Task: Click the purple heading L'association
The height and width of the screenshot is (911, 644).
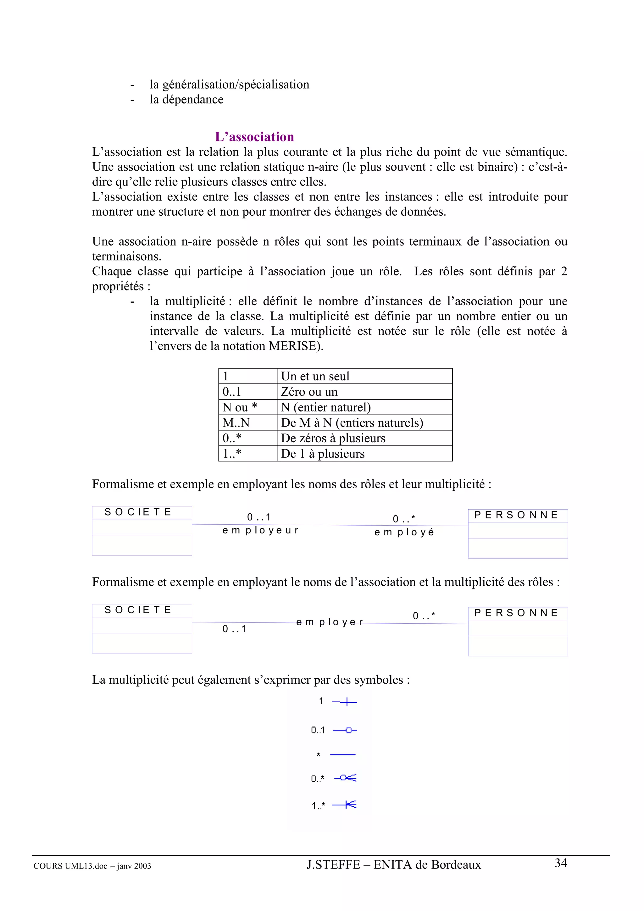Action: (x=254, y=136)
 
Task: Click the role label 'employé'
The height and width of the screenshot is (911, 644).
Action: (x=404, y=532)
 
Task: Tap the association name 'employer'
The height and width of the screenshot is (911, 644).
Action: (x=329, y=622)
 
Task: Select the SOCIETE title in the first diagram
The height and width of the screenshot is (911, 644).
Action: (x=138, y=512)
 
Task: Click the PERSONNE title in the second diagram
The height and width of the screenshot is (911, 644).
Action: (x=516, y=613)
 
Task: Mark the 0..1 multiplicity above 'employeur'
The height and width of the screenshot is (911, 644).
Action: (x=259, y=517)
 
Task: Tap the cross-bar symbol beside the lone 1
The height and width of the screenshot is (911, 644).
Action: (x=346, y=702)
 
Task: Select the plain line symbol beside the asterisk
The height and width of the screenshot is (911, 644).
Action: (x=342, y=754)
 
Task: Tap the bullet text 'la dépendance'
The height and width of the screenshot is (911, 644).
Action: (x=186, y=99)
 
